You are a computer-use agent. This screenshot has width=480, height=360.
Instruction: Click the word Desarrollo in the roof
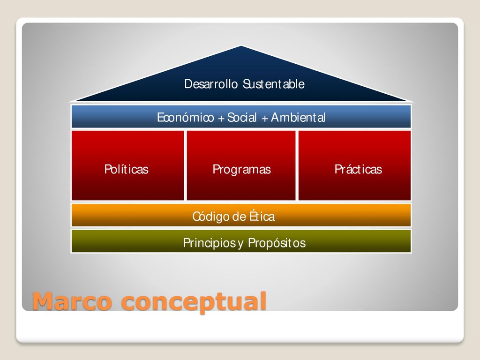210,84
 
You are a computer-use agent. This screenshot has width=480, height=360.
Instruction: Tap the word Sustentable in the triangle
274,84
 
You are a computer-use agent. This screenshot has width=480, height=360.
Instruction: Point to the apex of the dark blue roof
241,46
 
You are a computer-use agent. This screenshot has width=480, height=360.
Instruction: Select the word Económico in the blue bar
186,117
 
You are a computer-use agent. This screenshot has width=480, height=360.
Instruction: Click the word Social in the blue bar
242,117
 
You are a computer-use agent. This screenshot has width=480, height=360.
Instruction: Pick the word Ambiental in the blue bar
298,117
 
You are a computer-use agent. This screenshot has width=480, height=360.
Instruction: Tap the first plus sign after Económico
221,118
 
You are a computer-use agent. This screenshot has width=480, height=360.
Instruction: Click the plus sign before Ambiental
265,118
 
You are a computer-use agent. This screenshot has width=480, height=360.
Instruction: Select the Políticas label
127,169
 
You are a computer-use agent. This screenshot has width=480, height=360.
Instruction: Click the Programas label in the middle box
242,170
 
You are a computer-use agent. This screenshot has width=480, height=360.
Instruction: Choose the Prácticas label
358,169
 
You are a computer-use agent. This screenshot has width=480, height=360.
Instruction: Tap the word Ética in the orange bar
262,216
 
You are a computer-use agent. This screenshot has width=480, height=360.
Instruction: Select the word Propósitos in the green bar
277,243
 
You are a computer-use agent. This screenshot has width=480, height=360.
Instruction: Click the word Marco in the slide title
72,301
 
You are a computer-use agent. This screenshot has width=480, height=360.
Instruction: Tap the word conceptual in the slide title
194,302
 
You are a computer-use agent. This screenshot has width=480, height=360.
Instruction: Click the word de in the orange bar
240,217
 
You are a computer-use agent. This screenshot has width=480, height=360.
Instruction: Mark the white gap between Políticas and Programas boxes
186,165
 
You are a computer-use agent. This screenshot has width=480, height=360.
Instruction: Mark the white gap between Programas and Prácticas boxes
297,165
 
